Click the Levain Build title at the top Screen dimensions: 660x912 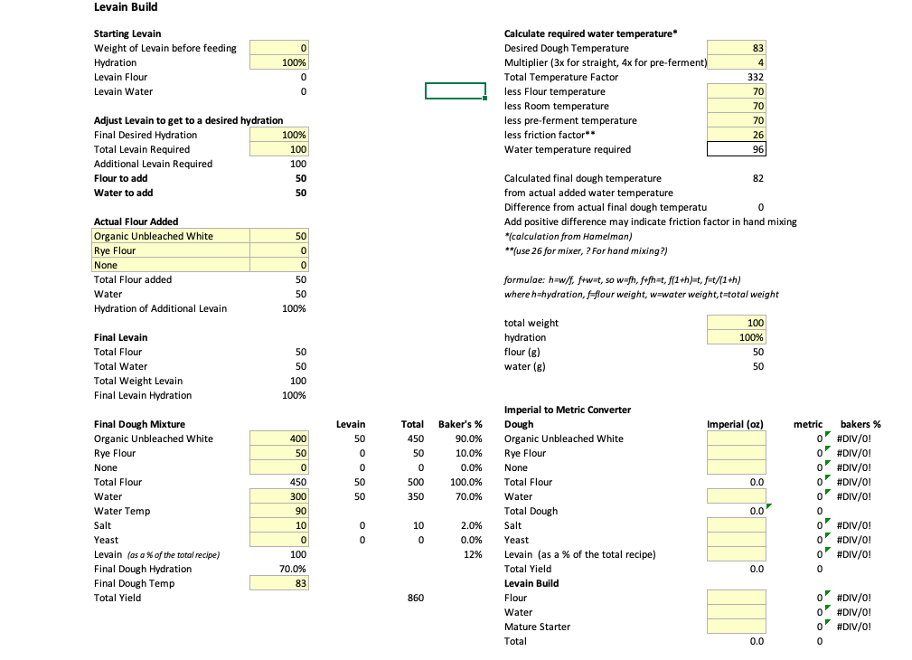126,8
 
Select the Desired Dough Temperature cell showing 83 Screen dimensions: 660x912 738,48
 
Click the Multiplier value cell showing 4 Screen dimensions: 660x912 738,62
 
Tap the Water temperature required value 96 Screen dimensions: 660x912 738,149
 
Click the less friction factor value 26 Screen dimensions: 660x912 738,135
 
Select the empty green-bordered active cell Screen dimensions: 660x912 456,91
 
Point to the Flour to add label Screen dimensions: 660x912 121,178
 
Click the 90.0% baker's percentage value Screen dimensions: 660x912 466,438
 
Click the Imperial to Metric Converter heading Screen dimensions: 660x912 567,410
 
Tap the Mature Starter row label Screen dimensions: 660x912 537,627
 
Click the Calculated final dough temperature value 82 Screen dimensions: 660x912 757,178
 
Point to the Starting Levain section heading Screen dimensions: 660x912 127,33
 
